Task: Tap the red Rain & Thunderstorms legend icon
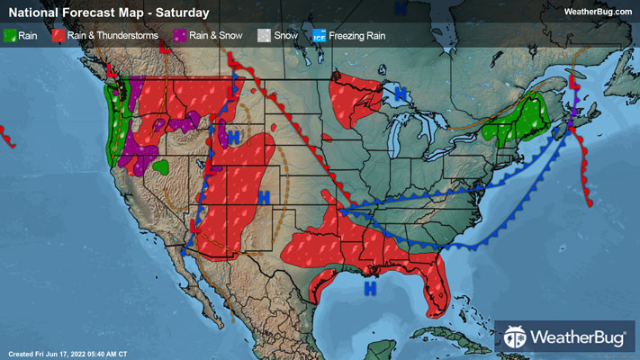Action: pyautogui.click(x=57, y=36)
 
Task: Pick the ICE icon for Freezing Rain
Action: pyautogui.click(x=319, y=36)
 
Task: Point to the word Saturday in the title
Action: pyautogui.click(x=181, y=13)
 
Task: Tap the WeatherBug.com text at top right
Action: pyautogui.click(x=598, y=12)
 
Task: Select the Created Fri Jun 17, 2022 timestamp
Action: pyautogui.click(x=67, y=352)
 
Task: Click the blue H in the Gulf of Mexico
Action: pyautogui.click(x=369, y=289)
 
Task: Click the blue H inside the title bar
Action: pyautogui.click(x=400, y=7)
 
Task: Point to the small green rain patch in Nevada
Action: pyautogui.click(x=161, y=166)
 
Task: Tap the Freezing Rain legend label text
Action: pyautogui.click(x=359, y=36)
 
